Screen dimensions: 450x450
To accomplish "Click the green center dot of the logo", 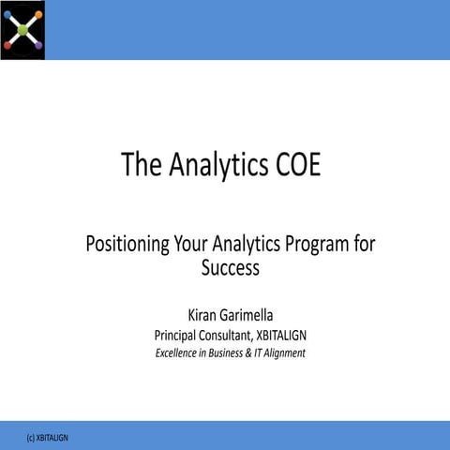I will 22,29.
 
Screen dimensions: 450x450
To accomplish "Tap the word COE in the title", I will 298,165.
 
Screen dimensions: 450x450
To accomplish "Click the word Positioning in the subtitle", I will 127,245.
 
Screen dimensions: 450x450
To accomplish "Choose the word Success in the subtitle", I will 230,268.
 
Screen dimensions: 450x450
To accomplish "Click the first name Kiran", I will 207,313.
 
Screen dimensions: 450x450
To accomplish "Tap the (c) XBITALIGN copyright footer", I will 48,438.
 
